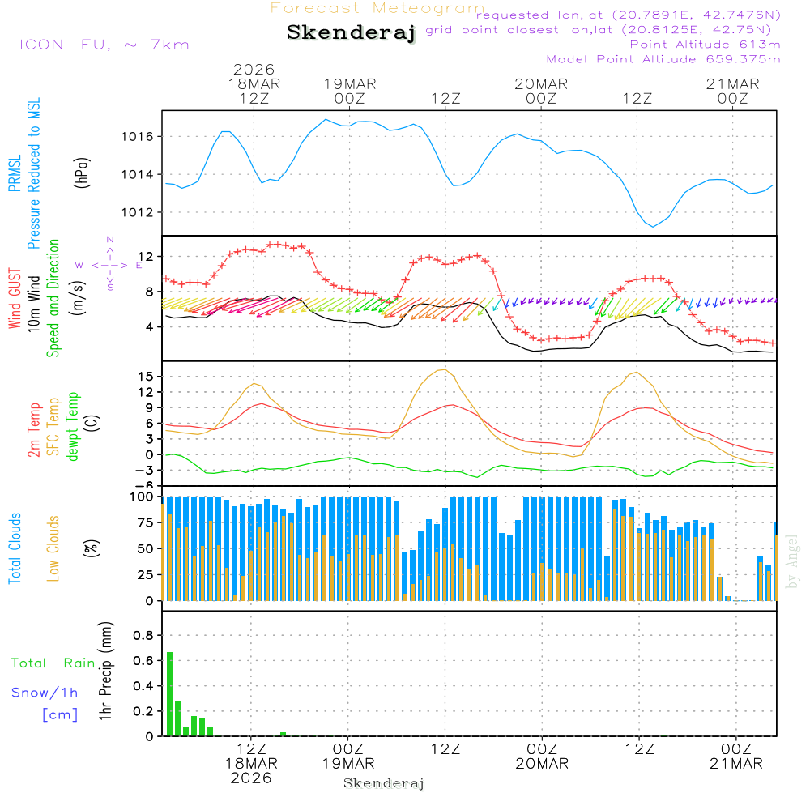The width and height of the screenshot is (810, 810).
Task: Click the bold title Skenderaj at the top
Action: coord(351,33)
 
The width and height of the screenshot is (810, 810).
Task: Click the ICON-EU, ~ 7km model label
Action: coord(104,45)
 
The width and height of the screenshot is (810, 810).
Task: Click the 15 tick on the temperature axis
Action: coord(146,377)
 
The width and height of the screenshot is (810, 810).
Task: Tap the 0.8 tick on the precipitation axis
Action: coord(143,635)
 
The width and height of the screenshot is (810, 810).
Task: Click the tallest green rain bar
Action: coord(170,693)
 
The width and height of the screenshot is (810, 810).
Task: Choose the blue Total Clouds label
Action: coord(15,548)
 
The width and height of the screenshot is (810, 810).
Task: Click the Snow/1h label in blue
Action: coord(45,693)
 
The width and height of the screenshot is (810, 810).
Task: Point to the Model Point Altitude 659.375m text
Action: coord(663,59)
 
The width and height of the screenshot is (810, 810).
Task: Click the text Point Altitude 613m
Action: coord(705,45)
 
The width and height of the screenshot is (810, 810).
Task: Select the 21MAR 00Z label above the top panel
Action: coord(732,91)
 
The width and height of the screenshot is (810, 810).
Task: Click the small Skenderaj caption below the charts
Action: coord(384,783)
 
